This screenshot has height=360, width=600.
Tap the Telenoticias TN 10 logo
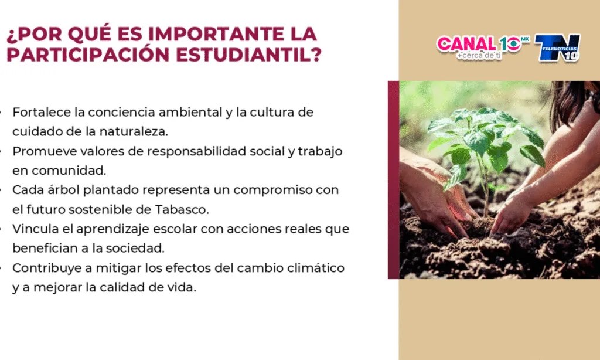click(x=558, y=47)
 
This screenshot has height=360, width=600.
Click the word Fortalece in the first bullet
click(x=42, y=112)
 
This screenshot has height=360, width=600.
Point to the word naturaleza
click(x=134, y=132)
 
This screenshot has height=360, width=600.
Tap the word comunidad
click(x=69, y=171)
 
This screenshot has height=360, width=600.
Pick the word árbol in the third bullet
click(x=63, y=190)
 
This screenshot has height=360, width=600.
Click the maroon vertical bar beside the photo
click(x=393, y=179)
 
